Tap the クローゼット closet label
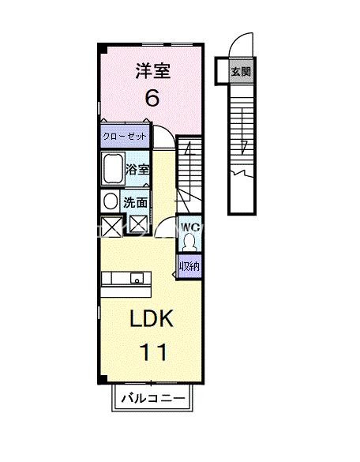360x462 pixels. [x=125, y=137]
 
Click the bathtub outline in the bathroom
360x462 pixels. [x=112, y=169]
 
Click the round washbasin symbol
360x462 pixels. [x=111, y=201]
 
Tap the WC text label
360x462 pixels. [x=189, y=227]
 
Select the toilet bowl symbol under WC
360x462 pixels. [x=189, y=242]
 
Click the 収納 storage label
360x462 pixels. [x=189, y=266]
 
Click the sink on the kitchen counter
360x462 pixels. [x=136, y=278]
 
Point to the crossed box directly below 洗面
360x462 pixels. [x=138, y=225]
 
